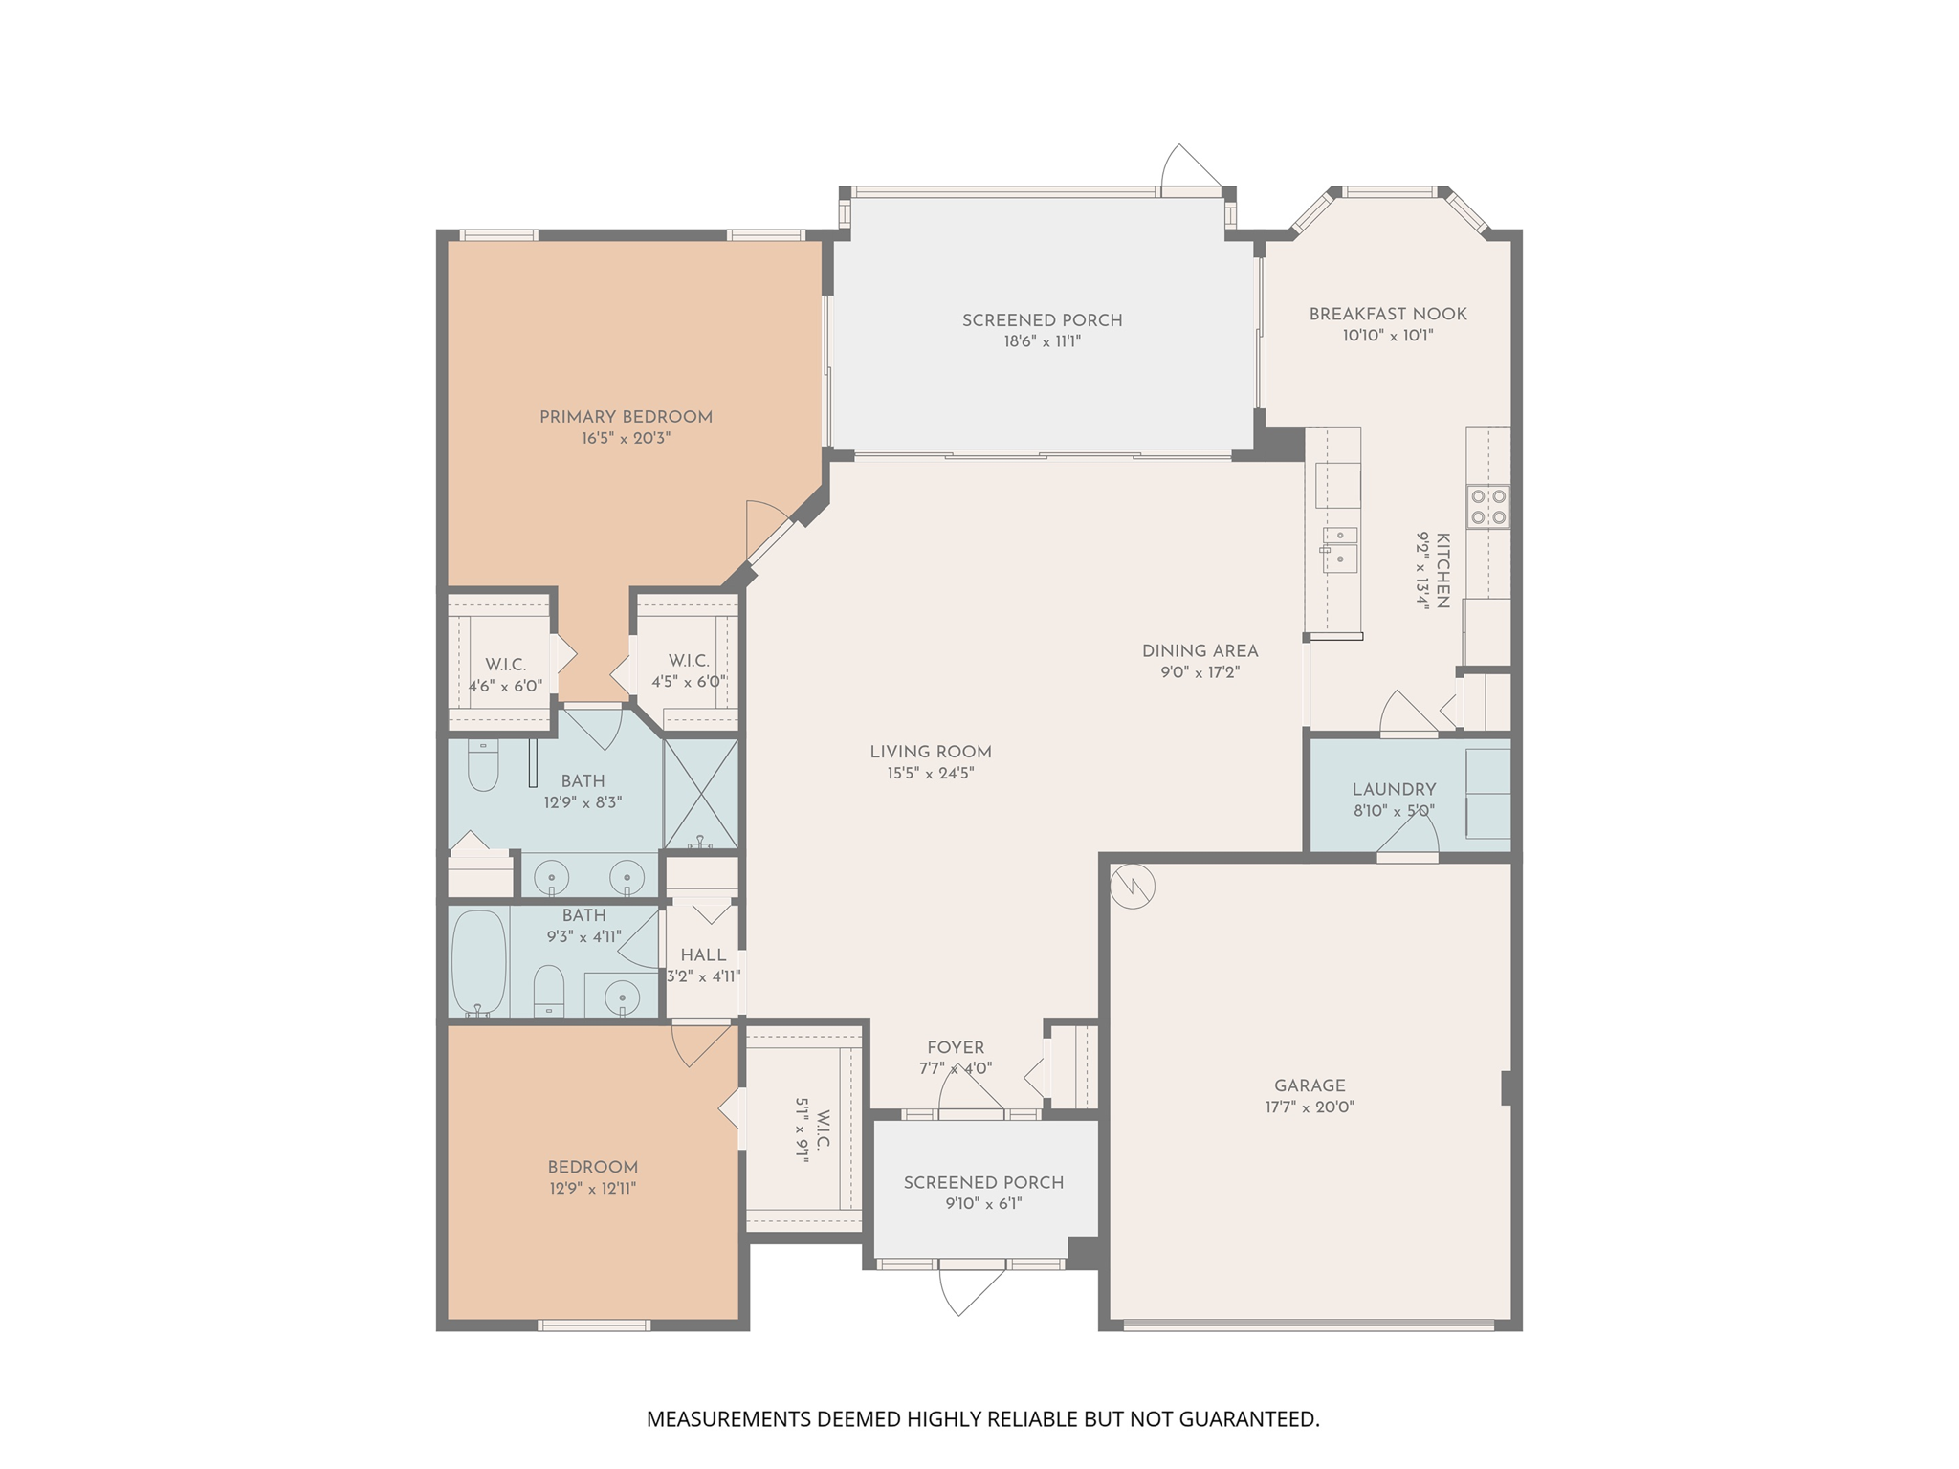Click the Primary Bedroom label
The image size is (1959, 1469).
(626, 417)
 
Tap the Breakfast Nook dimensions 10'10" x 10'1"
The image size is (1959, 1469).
(1388, 336)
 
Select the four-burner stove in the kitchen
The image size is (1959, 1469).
(1488, 507)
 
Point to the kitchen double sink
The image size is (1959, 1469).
(1339, 550)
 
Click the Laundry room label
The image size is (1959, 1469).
(1394, 789)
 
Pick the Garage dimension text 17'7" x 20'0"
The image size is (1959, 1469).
(1310, 1107)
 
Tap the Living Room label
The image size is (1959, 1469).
(931, 752)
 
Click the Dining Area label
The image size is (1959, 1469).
(1200, 650)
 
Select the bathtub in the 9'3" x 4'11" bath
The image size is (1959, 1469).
(478, 962)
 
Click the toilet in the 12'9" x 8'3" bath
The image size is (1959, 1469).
(483, 766)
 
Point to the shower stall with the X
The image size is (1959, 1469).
(701, 794)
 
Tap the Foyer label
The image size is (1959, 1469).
(956, 1047)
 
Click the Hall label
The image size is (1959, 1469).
(703, 954)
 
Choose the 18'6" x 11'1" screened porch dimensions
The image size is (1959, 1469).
(1043, 341)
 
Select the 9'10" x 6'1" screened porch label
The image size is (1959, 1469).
(984, 1182)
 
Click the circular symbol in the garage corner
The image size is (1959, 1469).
(1133, 888)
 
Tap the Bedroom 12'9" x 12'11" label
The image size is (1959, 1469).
(593, 1167)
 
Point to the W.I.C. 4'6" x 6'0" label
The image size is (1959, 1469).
(505, 664)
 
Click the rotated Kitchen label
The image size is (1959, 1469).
(1442, 571)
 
